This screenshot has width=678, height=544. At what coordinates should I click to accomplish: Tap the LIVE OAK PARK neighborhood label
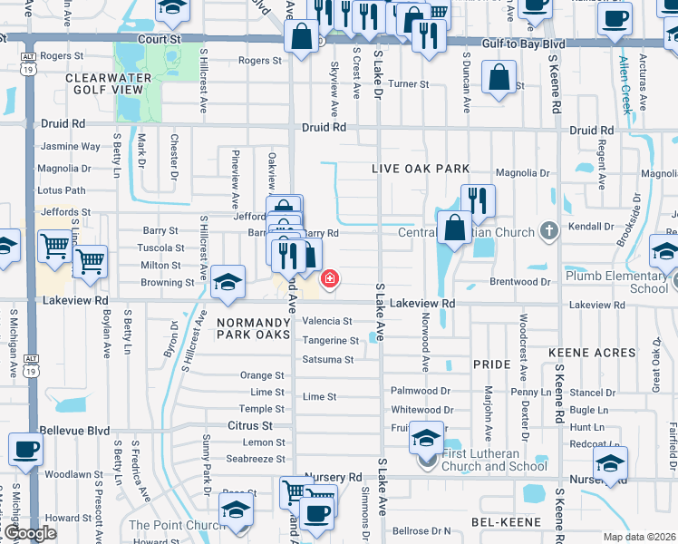click(421, 169)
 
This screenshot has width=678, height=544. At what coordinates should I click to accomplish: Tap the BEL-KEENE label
click(506, 522)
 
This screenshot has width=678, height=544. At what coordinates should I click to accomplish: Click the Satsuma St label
click(327, 360)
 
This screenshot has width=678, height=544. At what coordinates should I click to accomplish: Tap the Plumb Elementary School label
click(616, 282)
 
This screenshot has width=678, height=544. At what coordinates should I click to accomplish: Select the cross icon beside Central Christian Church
click(547, 231)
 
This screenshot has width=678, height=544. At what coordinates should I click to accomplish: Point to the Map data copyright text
click(639, 537)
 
